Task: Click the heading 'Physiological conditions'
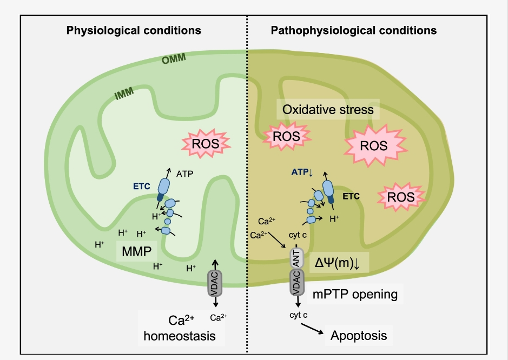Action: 134,30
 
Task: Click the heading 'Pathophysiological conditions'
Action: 353,30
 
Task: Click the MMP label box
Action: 136,251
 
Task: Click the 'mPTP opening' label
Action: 355,295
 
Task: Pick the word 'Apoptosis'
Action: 359,335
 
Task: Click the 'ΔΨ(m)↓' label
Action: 341,263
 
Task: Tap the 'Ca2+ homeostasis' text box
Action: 180,328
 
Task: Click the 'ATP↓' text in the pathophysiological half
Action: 302,172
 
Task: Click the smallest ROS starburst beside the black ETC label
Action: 400,197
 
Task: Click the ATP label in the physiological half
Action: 185,174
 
